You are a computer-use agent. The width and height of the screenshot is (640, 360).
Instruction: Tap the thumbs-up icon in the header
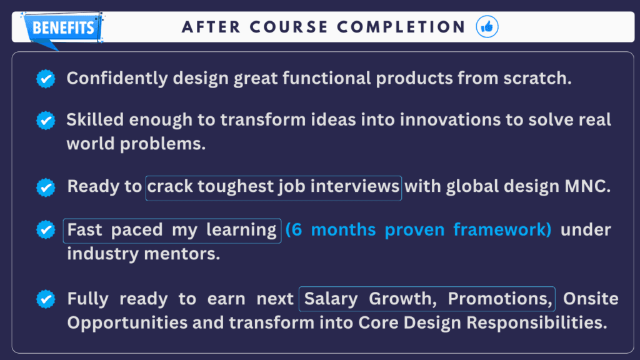(487, 27)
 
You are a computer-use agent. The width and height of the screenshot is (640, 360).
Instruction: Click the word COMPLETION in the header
(401, 27)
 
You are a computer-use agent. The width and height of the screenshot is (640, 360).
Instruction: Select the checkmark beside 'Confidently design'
(46, 78)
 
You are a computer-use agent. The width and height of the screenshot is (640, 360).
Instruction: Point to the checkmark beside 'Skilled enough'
(46, 121)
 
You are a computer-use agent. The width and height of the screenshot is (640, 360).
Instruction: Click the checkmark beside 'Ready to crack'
(46, 187)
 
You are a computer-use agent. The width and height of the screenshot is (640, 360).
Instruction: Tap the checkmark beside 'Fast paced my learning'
(46, 230)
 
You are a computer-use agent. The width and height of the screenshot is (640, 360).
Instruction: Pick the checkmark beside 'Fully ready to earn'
(46, 299)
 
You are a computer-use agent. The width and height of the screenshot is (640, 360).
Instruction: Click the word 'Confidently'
(117, 78)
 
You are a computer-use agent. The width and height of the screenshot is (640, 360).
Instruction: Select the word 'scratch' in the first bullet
(535, 78)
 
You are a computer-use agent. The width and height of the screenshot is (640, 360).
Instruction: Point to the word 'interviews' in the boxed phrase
(355, 186)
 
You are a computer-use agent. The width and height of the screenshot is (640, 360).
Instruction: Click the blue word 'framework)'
(502, 230)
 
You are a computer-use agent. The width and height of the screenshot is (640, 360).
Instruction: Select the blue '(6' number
(294, 230)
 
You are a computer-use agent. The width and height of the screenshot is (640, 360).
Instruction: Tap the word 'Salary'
(331, 299)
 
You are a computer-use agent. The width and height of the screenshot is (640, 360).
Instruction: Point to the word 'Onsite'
(591, 299)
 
